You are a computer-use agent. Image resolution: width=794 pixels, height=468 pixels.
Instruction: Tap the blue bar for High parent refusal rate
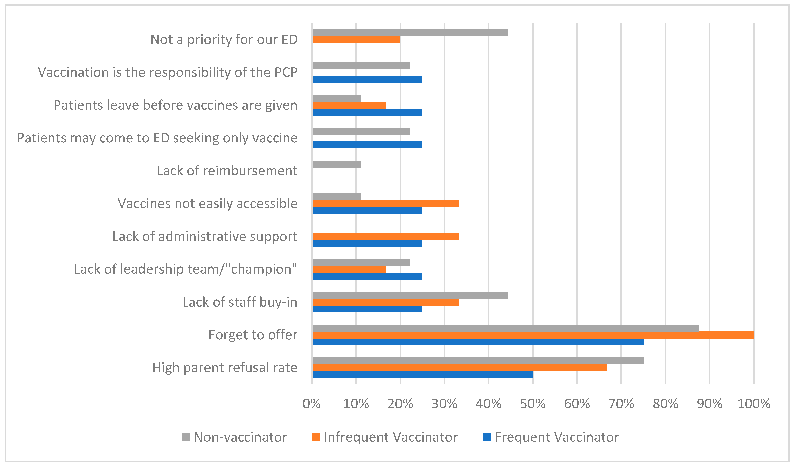[x=422, y=375]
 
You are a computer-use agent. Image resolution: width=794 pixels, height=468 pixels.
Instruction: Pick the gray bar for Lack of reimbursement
[x=336, y=164]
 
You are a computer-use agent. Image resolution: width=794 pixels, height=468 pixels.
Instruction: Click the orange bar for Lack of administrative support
[x=385, y=237]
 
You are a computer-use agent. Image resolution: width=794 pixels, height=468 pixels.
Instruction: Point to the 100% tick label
[x=754, y=404]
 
